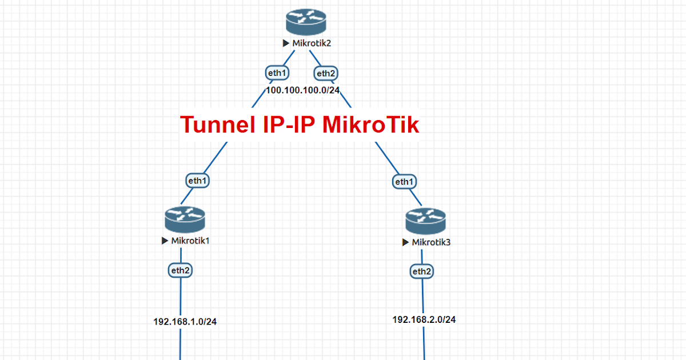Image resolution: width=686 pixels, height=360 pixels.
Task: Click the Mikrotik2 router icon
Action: pyautogui.click(x=306, y=22)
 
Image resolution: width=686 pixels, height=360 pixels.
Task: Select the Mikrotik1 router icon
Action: pyautogui.click(x=185, y=219)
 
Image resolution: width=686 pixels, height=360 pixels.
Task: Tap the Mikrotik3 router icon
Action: pyautogui.click(x=425, y=221)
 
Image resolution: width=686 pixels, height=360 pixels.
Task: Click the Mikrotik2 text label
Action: pyautogui.click(x=312, y=43)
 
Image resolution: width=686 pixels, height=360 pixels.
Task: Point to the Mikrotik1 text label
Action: pyautogui.click(x=190, y=241)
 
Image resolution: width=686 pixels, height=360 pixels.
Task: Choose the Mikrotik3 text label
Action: pyautogui.click(x=431, y=242)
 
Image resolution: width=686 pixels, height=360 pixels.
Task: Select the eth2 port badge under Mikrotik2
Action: pyautogui.click(x=326, y=73)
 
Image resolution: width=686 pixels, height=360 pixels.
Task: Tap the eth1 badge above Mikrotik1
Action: pyautogui.click(x=198, y=181)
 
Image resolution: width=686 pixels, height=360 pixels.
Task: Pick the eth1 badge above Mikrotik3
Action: pyautogui.click(x=404, y=182)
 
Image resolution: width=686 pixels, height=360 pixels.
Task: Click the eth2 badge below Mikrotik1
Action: pyautogui.click(x=180, y=270)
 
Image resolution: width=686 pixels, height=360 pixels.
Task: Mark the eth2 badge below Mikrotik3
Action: pyautogui.click(x=421, y=271)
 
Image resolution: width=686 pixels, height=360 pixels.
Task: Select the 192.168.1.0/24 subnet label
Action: pyautogui.click(x=185, y=321)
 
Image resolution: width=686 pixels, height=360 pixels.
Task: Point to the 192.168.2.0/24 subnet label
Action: pyautogui.click(x=424, y=319)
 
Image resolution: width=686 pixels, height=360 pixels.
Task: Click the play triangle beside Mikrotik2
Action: pyautogui.click(x=286, y=43)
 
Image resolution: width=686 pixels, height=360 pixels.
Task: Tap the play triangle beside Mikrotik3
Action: pyautogui.click(x=405, y=242)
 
